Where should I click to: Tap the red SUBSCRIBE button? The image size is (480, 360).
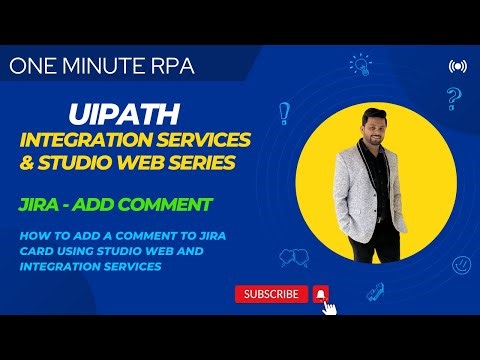(271, 294)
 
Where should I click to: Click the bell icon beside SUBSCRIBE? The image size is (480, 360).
(320, 294)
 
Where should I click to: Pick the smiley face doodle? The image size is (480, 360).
(461, 265)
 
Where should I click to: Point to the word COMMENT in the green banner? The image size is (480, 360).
(176, 205)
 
